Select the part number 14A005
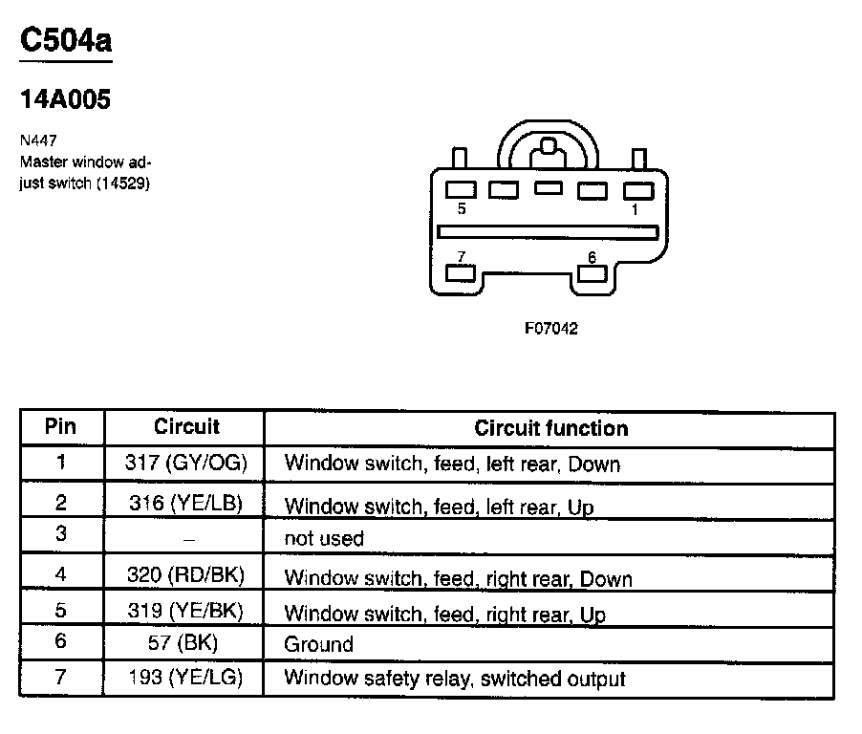(65, 99)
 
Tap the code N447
(38, 140)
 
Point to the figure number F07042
(551, 328)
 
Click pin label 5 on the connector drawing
(462, 209)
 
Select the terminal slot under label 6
(593, 273)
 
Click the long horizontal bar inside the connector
(547, 232)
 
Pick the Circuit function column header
(551, 428)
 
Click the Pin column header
(61, 426)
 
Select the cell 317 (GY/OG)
(185, 464)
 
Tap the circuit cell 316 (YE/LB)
(185, 503)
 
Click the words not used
(324, 539)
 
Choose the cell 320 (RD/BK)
(185, 575)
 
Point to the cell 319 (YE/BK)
(185, 611)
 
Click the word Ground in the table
(318, 644)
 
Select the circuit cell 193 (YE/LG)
(185, 679)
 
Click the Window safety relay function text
(455, 680)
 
